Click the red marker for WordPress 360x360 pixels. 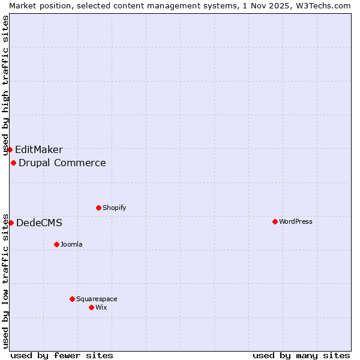[x=275, y=221]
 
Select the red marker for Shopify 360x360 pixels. [x=98, y=208]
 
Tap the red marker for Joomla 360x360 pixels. [x=56, y=244]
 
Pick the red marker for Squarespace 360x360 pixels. [x=72, y=299]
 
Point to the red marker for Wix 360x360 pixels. [x=91, y=307]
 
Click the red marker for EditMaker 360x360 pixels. [x=10, y=149]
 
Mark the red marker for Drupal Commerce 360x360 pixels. [x=13, y=163]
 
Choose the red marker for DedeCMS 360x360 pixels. [x=11, y=223]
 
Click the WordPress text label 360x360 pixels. [x=296, y=221]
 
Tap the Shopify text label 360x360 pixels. [x=115, y=208]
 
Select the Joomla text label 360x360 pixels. [x=71, y=244]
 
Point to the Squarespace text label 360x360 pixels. [x=97, y=299]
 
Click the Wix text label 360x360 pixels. [x=101, y=307]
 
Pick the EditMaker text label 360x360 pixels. [x=39, y=150]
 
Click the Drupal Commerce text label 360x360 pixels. [x=62, y=163]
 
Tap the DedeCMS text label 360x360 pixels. [x=39, y=223]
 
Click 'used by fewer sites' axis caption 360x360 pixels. [x=62, y=355]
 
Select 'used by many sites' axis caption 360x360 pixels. [x=301, y=355]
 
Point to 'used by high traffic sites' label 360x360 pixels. [x=5, y=86]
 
